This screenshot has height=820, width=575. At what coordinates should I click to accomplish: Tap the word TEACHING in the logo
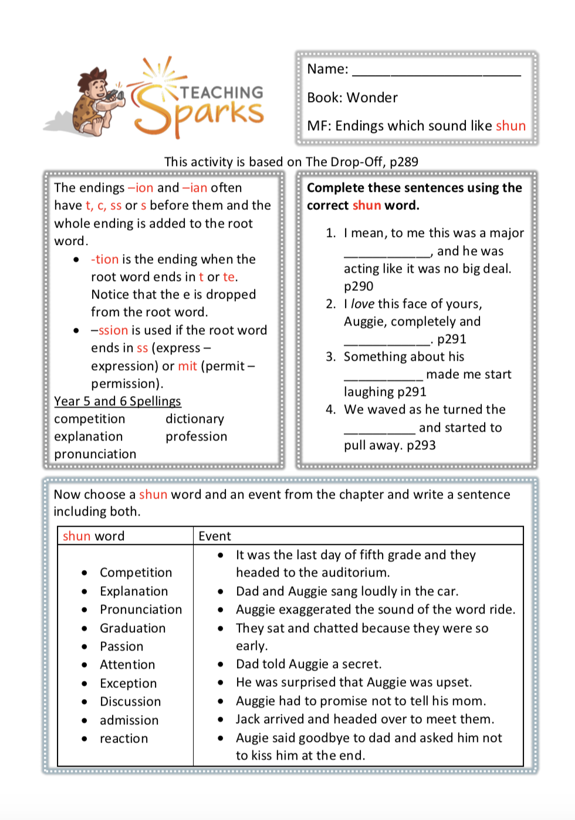click(222, 93)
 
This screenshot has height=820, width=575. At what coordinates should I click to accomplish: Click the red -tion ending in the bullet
click(105, 259)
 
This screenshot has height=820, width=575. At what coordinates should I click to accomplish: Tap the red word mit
click(188, 366)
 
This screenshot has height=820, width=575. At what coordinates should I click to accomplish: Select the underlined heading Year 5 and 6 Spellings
click(117, 401)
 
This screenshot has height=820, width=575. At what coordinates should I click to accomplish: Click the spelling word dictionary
click(195, 419)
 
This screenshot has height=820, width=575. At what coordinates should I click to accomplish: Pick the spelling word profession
click(196, 436)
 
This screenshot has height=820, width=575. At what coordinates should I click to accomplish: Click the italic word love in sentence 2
click(363, 304)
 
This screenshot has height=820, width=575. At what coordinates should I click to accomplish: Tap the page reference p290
click(358, 286)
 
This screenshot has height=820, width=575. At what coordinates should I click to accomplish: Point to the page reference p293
click(421, 445)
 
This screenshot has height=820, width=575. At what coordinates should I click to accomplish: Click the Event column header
click(215, 536)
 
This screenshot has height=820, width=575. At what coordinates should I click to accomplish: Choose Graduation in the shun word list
click(133, 628)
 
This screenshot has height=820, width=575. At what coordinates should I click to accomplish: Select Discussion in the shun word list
click(130, 702)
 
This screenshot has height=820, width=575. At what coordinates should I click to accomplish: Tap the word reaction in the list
click(124, 738)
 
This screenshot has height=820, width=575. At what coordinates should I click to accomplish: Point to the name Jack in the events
click(248, 719)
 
